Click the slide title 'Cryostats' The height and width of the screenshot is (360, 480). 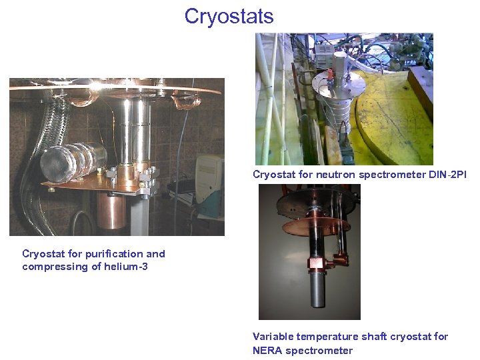click(x=229, y=16)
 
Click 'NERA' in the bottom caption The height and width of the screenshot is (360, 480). click(x=268, y=351)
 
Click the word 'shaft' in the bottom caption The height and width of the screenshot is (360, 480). click(x=375, y=337)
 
